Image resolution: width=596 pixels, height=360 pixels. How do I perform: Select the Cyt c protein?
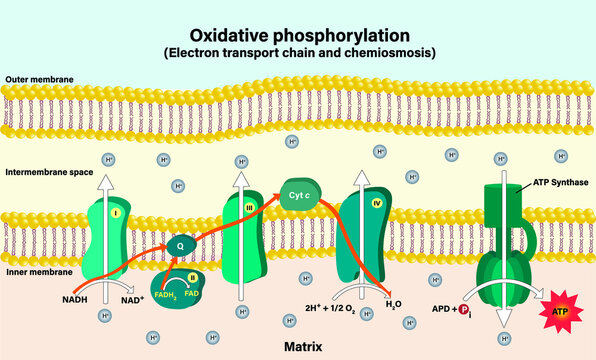coord(296,198)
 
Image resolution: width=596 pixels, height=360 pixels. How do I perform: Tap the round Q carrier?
coord(181,243)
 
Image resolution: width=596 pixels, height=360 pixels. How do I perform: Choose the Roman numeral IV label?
coord(377,204)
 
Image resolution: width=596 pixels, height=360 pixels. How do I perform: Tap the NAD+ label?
coord(132,299)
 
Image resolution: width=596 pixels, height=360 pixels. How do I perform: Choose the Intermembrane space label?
coord(46,172)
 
